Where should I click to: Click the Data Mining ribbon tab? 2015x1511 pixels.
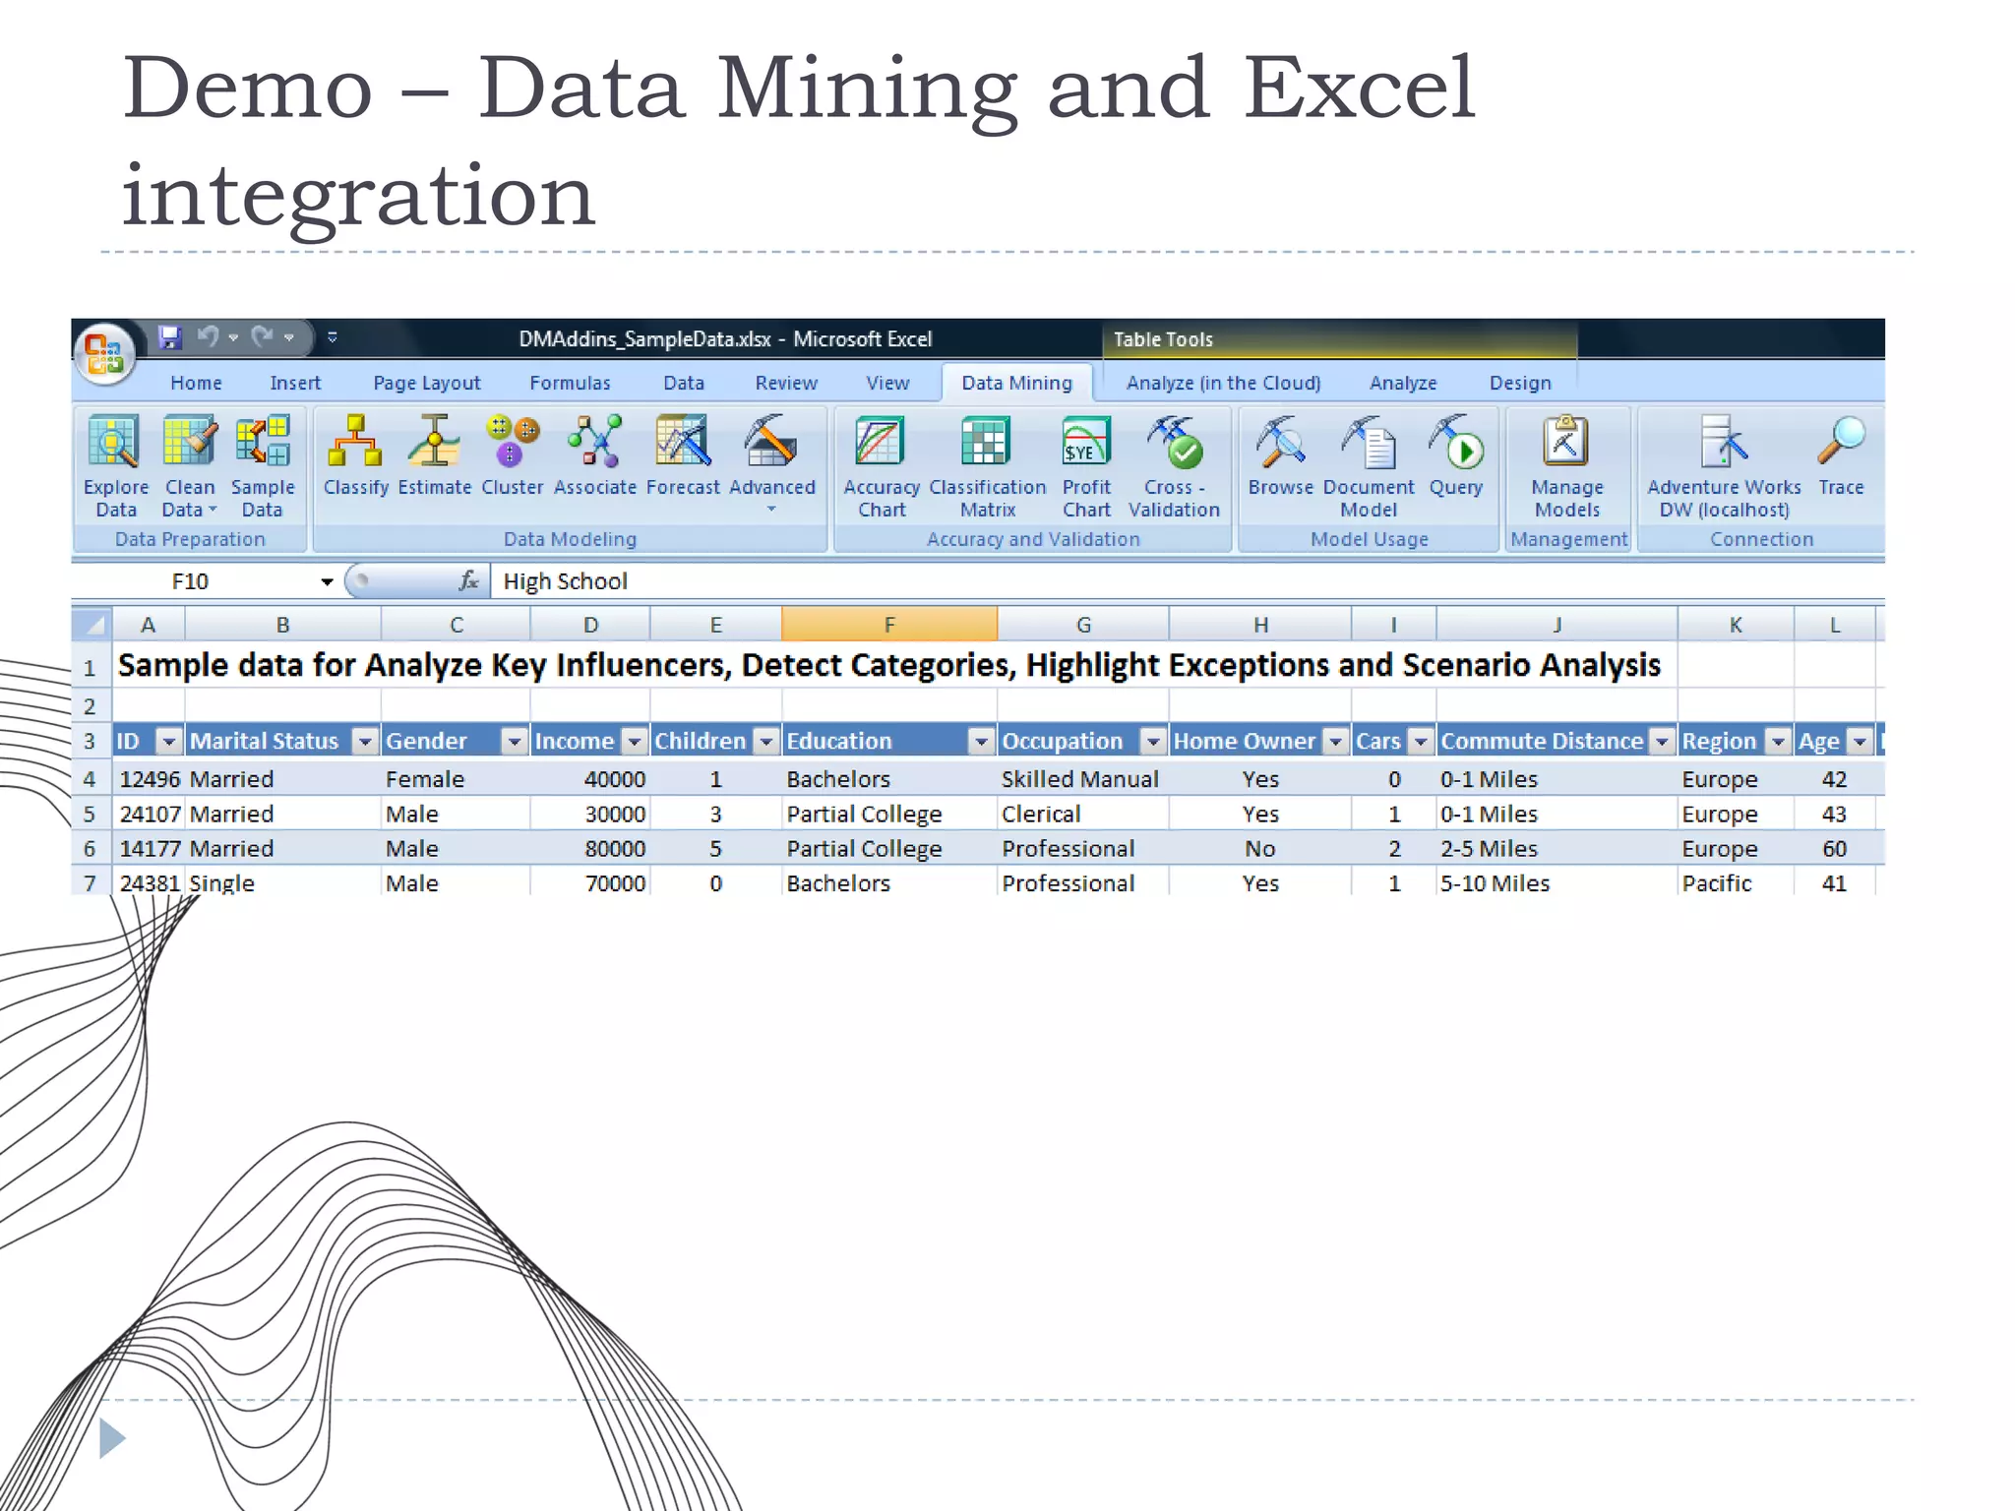point(1016,383)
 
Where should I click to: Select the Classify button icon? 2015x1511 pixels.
point(355,443)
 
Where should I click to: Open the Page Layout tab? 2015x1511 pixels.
point(426,383)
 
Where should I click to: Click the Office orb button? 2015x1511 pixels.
point(104,352)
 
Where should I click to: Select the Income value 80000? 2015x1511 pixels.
point(615,848)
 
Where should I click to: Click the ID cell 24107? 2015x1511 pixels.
point(150,814)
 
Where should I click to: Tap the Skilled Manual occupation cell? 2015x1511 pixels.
point(1079,779)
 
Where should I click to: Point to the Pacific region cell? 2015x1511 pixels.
point(1716,883)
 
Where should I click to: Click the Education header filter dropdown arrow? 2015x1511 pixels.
point(980,742)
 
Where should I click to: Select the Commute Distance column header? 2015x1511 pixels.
point(1542,741)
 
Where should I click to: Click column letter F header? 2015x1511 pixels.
point(888,625)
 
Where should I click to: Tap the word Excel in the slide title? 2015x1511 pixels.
point(1359,89)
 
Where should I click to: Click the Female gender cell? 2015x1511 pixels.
point(425,779)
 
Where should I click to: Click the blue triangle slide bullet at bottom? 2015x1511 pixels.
point(112,1438)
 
